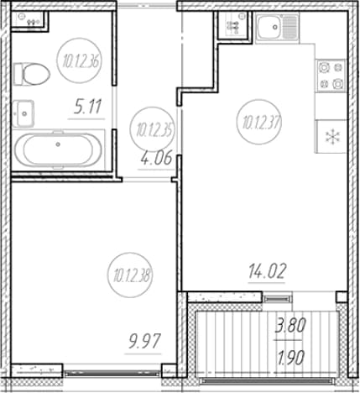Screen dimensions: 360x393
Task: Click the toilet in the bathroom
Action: (31, 74)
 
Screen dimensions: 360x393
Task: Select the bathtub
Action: (58, 149)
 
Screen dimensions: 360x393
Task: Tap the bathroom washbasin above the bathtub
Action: (23, 113)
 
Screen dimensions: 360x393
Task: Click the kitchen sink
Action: (277, 28)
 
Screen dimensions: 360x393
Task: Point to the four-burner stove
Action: (331, 76)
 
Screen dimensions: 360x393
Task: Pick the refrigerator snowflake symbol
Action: (332, 137)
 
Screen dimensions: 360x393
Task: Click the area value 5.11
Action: (87, 107)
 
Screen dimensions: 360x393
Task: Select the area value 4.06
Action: (156, 159)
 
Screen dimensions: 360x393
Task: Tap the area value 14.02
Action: (268, 271)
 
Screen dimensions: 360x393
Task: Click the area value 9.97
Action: (144, 342)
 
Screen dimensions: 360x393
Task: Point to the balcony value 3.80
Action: (291, 326)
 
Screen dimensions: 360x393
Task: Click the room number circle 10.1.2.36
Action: (79, 60)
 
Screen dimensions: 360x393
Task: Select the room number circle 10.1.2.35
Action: (153, 129)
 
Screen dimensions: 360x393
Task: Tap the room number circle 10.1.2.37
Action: (258, 122)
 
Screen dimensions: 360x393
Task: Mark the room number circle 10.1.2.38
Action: (130, 275)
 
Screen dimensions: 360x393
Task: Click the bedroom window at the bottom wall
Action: (112, 373)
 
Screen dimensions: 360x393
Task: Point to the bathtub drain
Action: (58, 144)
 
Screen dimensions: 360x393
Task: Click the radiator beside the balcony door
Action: (277, 299)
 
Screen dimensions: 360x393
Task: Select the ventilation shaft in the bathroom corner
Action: (29, 20)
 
